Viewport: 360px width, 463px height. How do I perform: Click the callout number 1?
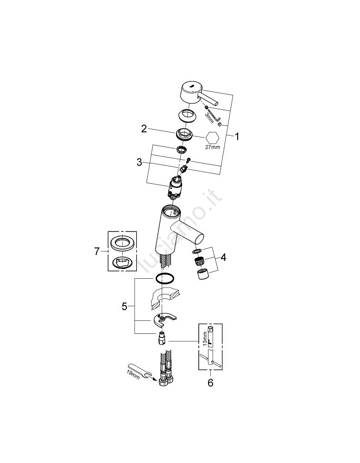click(236, 137)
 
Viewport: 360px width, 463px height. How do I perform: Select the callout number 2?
click(144, 129)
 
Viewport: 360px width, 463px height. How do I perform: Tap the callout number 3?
click(139, 163)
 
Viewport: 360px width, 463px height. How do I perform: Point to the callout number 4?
click(223, 257)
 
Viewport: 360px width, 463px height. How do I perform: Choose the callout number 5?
click(125, 307)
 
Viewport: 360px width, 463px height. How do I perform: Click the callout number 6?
click(210, 383)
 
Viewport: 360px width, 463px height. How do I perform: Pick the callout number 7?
click(97, 251)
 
